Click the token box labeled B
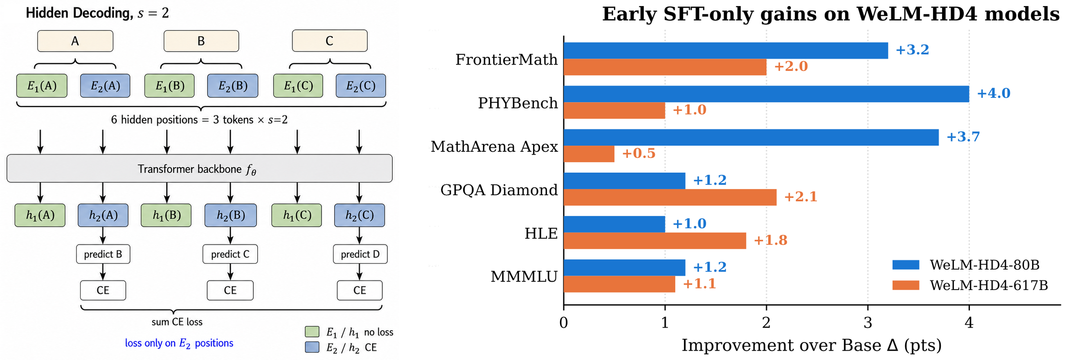coord(201,41)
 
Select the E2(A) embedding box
coord(105,85)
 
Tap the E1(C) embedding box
coord(298,85)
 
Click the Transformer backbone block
coord(200,169)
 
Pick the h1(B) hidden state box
coord(166,215)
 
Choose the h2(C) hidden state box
coord(359,215)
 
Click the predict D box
coord(360,254)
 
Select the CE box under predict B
coord(103,290)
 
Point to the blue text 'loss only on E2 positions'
coord(179,343)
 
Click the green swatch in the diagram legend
coord(312,332)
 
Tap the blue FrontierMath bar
coord(726,50)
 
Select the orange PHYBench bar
coord(614,110)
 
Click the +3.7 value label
coord(963,137)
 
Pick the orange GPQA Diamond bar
coord(670,197)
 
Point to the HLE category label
coord(541,233)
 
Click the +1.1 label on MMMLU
coord(699,284)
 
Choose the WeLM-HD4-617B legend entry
coord(970,285)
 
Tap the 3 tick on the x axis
coord(868,323)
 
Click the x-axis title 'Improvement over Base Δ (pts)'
coord(812,345)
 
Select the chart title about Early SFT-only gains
coord(830,14)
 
